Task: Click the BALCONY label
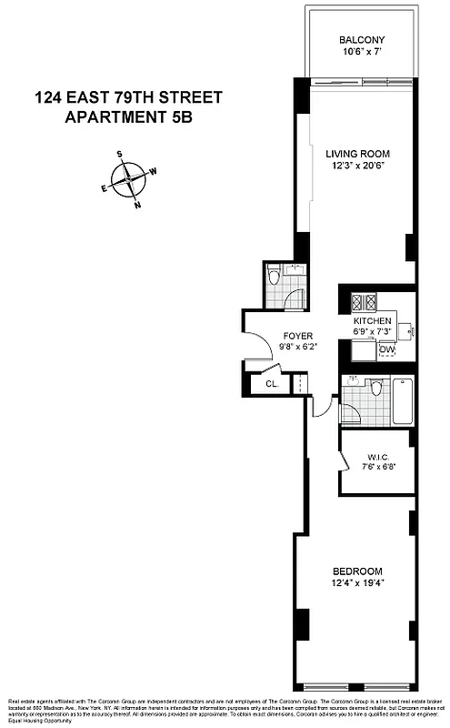[362, 40]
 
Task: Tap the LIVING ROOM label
[355, 154]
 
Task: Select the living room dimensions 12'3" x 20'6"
[355, 167]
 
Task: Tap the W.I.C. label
[379, 457]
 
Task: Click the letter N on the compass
[137, 205]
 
